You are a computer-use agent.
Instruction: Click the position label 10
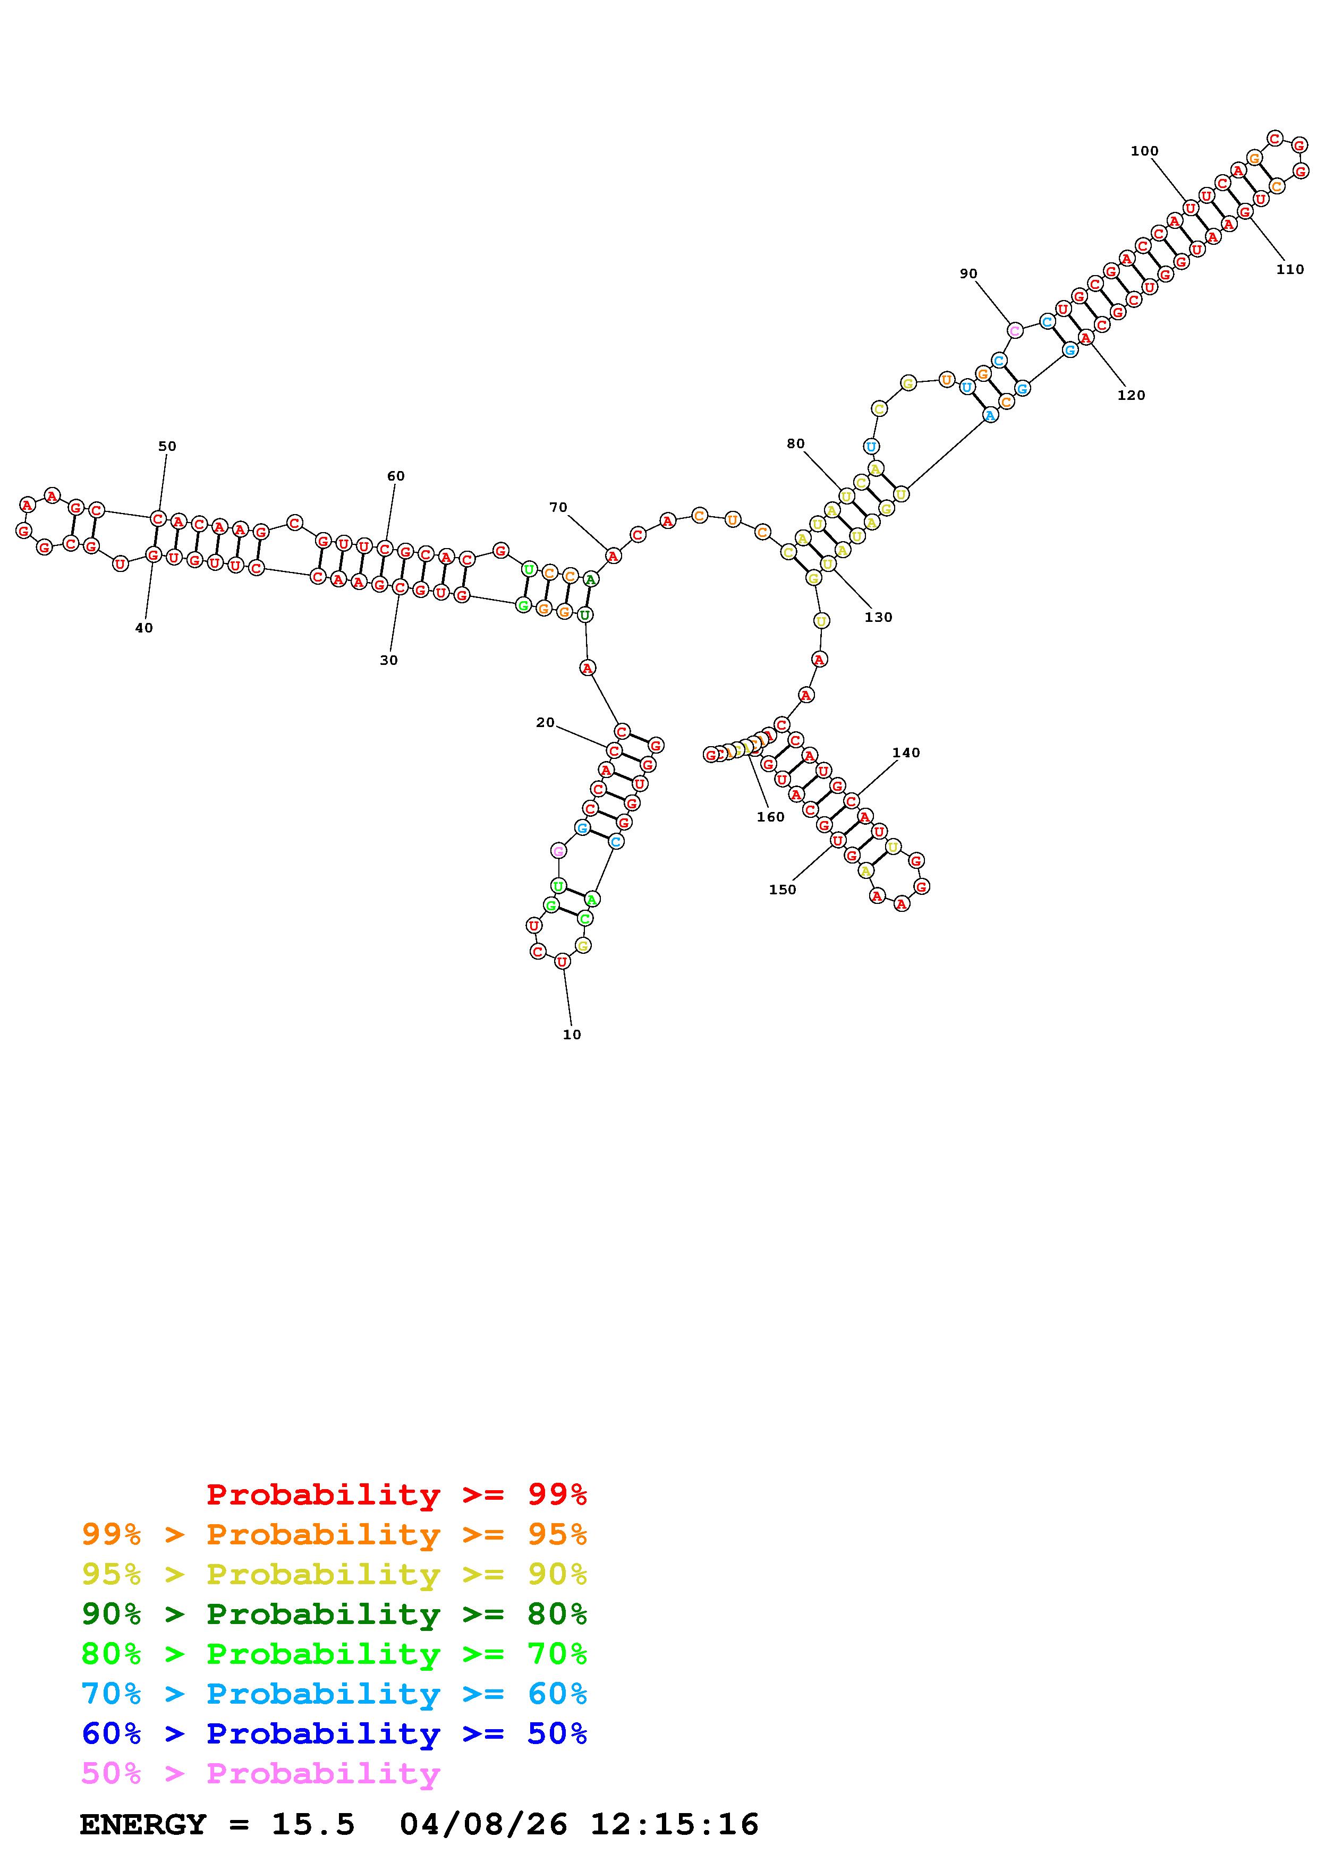(x=572, y=1035)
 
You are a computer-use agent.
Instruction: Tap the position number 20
(x=545, y=722)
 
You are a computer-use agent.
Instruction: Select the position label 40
(x=143, y=627)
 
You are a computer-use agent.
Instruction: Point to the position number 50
(x=167, y=446)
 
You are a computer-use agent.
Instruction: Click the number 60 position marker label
(x=395, y=475)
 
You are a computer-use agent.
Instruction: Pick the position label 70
(x=558, y=507)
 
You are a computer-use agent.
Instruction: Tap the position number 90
(x=969, y=274)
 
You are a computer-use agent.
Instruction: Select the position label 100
(x=1144, y=150)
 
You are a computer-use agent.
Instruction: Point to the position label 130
(x=878, y=617)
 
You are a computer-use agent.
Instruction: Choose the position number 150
(x=782, y=890)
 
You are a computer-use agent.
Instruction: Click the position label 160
(x=770, y=816)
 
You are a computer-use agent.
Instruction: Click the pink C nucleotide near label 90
(x=1014, y=330)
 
